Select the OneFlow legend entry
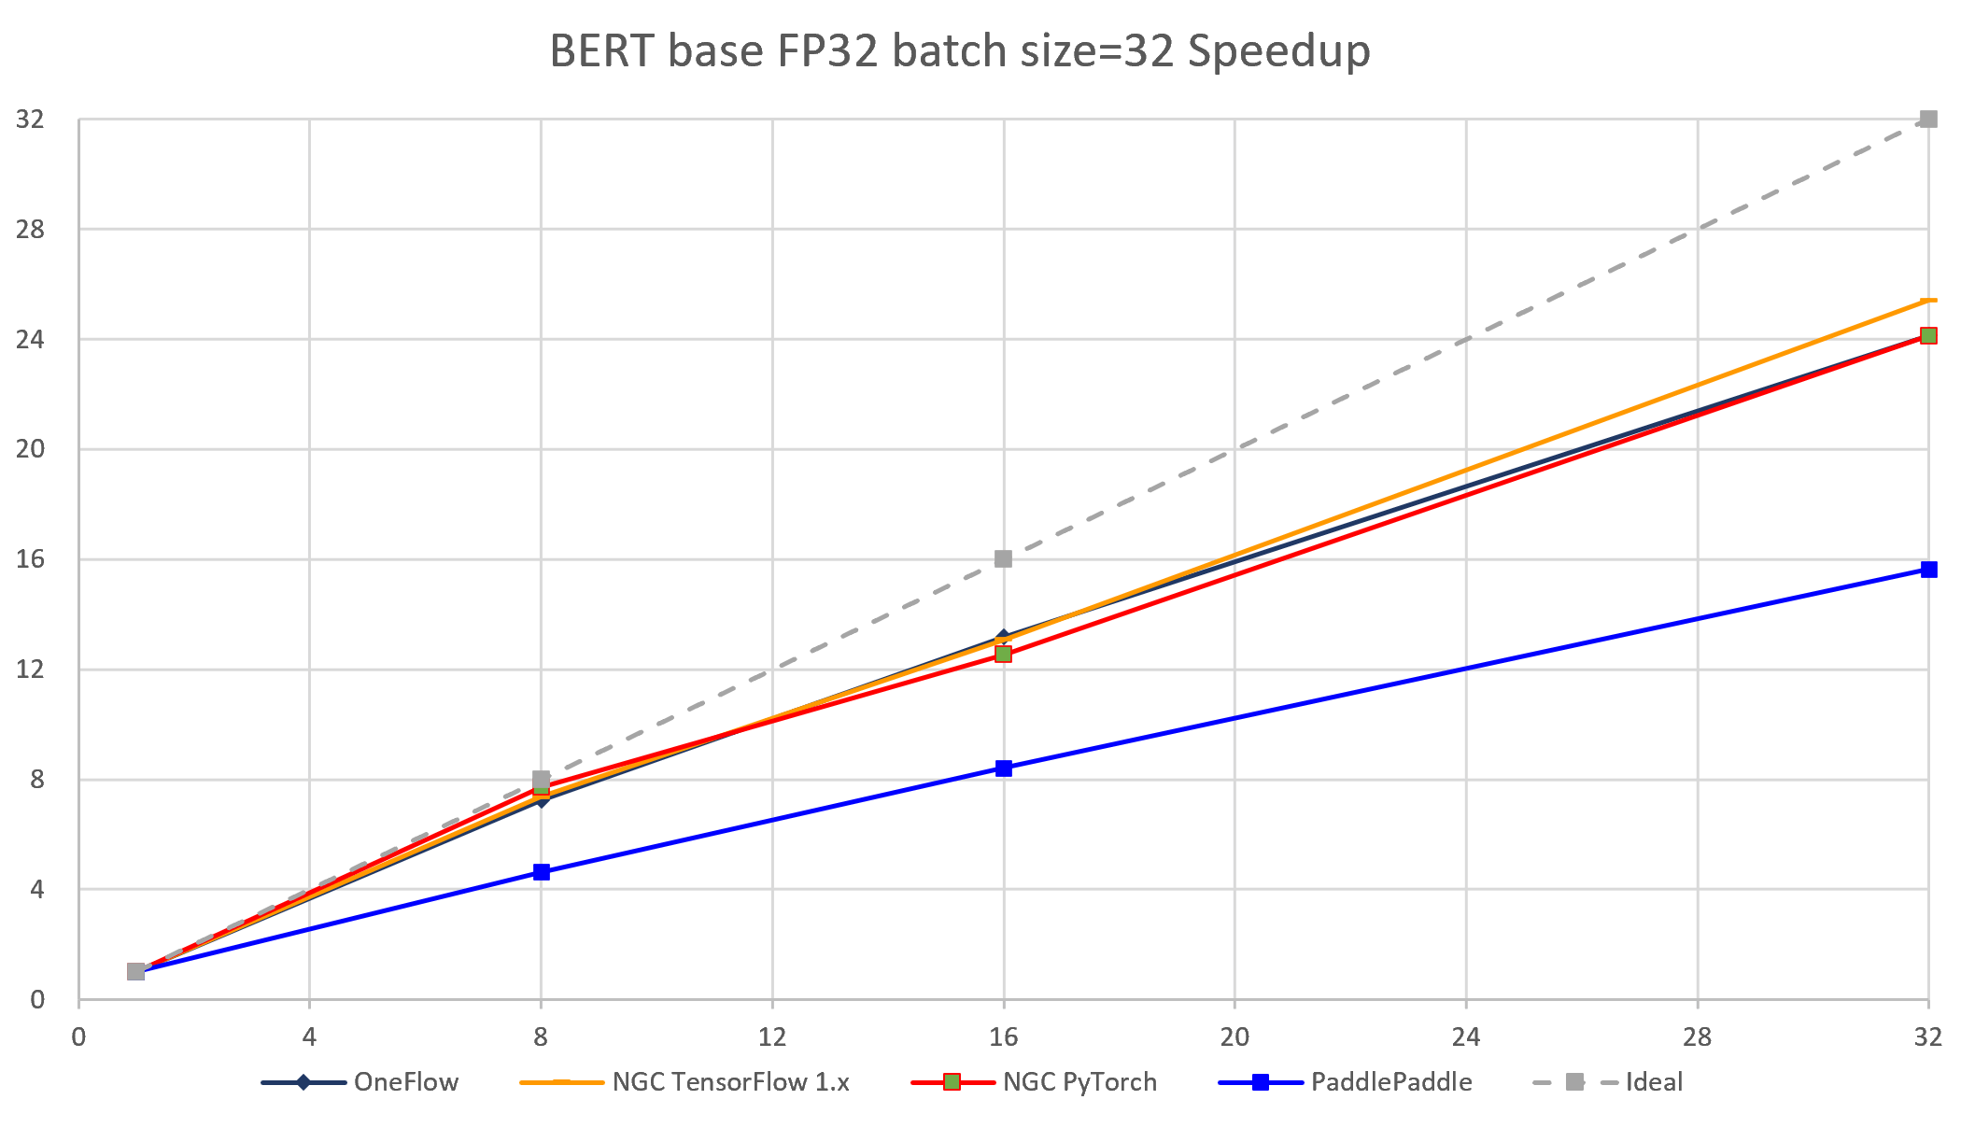[x=405, y=1082]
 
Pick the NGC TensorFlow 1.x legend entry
[x=730, y=1082]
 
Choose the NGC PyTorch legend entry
[x=1079, y=1082]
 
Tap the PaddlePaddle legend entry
[x=1390, y=1082]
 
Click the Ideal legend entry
[x=1653, y=1082]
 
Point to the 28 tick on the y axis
[x=31, y=229]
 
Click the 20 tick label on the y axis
[x=31, y=449]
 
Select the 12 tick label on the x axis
[x=772, y=1036]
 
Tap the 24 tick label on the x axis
[x=1466, y=1036]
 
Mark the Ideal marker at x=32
[x=1928, y=120]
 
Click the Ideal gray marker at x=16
[x=1004, y=558]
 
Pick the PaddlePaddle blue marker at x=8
[x=542, y=872]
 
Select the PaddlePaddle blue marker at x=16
[x=1004, y=768]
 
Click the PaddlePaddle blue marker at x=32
[x=1928, y=570]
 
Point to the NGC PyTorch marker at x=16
[x=1004, y=654]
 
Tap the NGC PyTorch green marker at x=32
[x=1928, y=336]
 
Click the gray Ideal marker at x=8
[x=542, y=779]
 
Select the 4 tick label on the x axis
[x=310, y=1036]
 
